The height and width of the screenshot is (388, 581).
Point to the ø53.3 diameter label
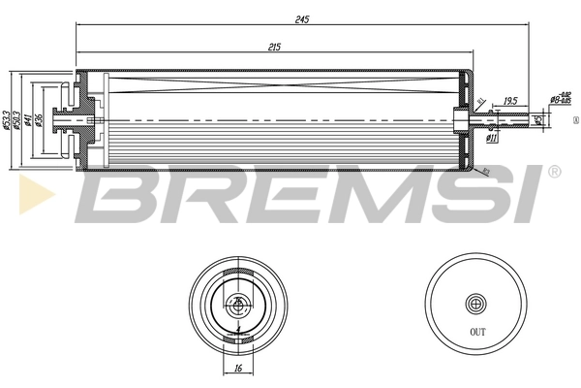click(x=6, y=120)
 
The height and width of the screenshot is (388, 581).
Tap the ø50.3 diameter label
click(x=17, y=120)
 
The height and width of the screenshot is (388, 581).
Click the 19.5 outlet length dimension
click(x=510, y=99)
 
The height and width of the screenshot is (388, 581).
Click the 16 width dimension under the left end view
click(x=237, y=369)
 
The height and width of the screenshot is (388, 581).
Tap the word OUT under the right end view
click(x=477, y=332)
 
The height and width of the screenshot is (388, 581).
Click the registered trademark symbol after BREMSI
click(x=554, y=172)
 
